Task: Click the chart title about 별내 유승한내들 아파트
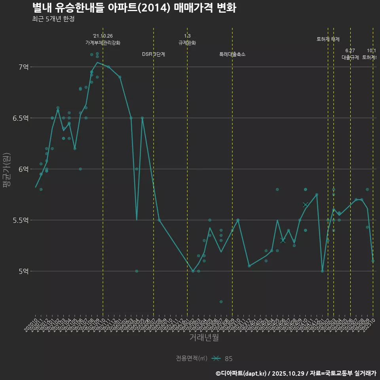(x=134, y=8)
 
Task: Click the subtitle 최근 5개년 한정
(x=53, y=19)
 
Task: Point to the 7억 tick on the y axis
(x=23, y=67)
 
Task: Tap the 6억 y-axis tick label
(x=23, y=169)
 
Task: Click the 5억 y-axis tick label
(x=23, y=271)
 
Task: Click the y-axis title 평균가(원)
(x=7, y=169)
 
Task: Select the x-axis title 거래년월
(x=204, y=338)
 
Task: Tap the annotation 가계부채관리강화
(x=103, y=43)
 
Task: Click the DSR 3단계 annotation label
(x=154, y=54)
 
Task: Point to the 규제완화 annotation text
(x=187, y=43)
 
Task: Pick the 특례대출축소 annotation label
(x=232, y=54)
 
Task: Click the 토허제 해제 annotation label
(x=328, y=39)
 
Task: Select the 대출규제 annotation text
(x=350, y=57)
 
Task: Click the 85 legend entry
(x=228, y=359)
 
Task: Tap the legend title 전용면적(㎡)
(x=192, y=358)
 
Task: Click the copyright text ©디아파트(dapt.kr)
(x=241, y=373)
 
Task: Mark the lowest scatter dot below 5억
(x=221, y=302)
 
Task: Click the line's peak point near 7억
(x=97, y=62)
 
